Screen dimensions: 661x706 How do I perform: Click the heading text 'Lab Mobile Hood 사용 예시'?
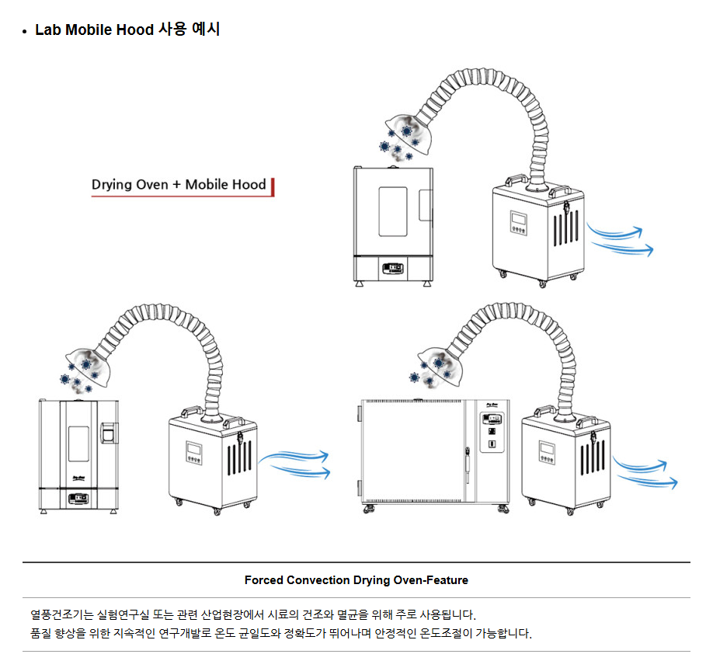(x=127, y=30)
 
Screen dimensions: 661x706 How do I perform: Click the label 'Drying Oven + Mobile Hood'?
(x=179, y=185)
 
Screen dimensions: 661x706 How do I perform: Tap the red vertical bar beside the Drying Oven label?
(x=273, y=186)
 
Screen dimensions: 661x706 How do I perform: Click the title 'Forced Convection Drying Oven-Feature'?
(x=356, y=580)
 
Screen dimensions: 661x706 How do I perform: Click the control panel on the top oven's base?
(x=395, y=270)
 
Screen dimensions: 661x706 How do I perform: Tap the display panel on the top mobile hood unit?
(x=518, y=223)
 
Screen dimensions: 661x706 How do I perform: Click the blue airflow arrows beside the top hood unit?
(x=619, y=239)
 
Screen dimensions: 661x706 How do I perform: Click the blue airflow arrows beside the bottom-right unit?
(x=644, y=471)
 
